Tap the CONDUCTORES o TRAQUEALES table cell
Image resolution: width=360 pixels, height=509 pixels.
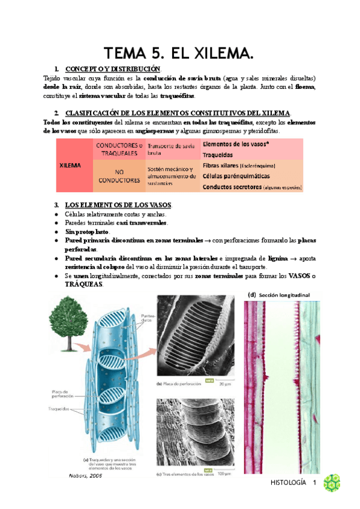(118, 149)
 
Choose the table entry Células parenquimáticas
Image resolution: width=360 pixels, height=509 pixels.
(236, 176)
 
